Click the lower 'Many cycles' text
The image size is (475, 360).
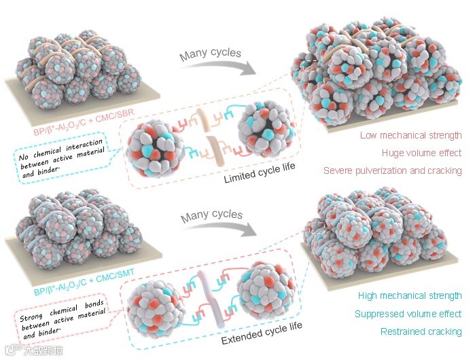tap(211, 215)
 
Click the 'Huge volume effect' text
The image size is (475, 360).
tap(421, 153)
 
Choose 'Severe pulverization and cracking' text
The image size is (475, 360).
tap(393, 170)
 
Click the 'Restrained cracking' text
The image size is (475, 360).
tap(422, 331)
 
